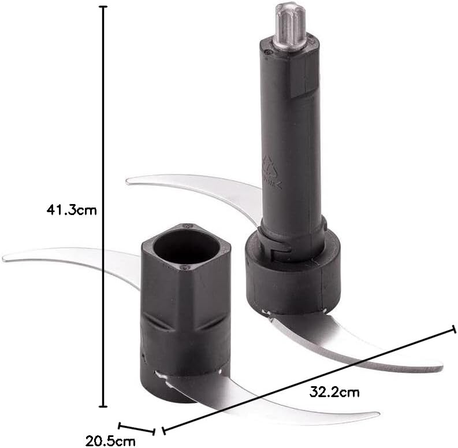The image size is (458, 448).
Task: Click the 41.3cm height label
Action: tap(72, 210)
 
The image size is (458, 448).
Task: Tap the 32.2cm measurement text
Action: tap(334, 393)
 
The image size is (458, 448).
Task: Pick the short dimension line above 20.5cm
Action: tap(136, 428)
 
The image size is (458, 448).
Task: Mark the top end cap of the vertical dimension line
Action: tap(103, 6)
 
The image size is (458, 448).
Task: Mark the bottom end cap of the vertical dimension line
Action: tap(103, 406)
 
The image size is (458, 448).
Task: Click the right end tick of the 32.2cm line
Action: tap(454, 329)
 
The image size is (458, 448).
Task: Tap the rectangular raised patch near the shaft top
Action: tap(304, 81)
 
